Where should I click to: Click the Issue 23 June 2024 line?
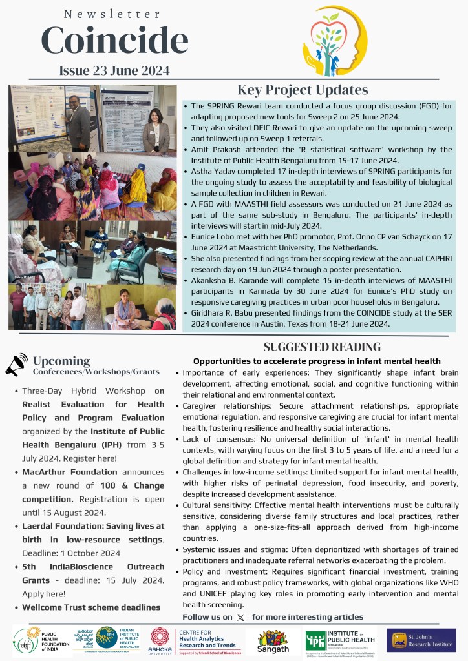tap(114, 70)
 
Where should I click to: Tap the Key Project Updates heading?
tap(303, 90)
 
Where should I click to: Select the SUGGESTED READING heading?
tap(322, 347)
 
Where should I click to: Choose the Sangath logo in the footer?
tap(273, 640)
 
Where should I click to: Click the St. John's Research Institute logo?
tap(421, 640)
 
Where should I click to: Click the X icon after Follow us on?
tap(241, 617)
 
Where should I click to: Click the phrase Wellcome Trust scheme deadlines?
tap(90, 607)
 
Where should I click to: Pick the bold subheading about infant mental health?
tap(317, 361)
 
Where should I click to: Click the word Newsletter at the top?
tap(112, 14)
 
